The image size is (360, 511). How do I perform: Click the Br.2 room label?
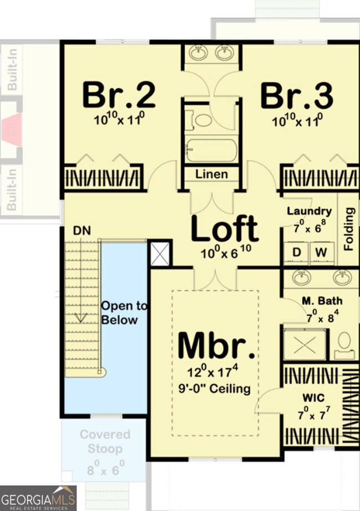point(119,95)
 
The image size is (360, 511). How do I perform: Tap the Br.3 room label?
point(297,95)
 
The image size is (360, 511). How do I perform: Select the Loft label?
point(224,229)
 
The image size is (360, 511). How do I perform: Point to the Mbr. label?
point(217,346)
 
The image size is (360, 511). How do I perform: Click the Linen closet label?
point(212,174)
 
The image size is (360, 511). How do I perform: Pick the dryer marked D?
point(297,253)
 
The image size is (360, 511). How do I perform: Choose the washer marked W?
point(321,253)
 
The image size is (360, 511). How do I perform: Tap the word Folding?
point(349,229)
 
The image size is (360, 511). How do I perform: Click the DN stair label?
point(81,230)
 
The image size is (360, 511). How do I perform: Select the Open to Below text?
point(124,313)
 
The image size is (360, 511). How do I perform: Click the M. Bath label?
point(322,301)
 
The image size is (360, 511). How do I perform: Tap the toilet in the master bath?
point(344,342)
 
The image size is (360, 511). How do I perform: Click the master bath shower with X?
point(305,345)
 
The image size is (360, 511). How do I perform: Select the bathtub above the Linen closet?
point(211,149)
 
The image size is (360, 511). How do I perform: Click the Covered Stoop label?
point(105,441)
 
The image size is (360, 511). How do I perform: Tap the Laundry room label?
point(309,211)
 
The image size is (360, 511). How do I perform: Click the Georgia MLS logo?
point(38,498)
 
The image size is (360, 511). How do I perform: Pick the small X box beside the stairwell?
point(161,254)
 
